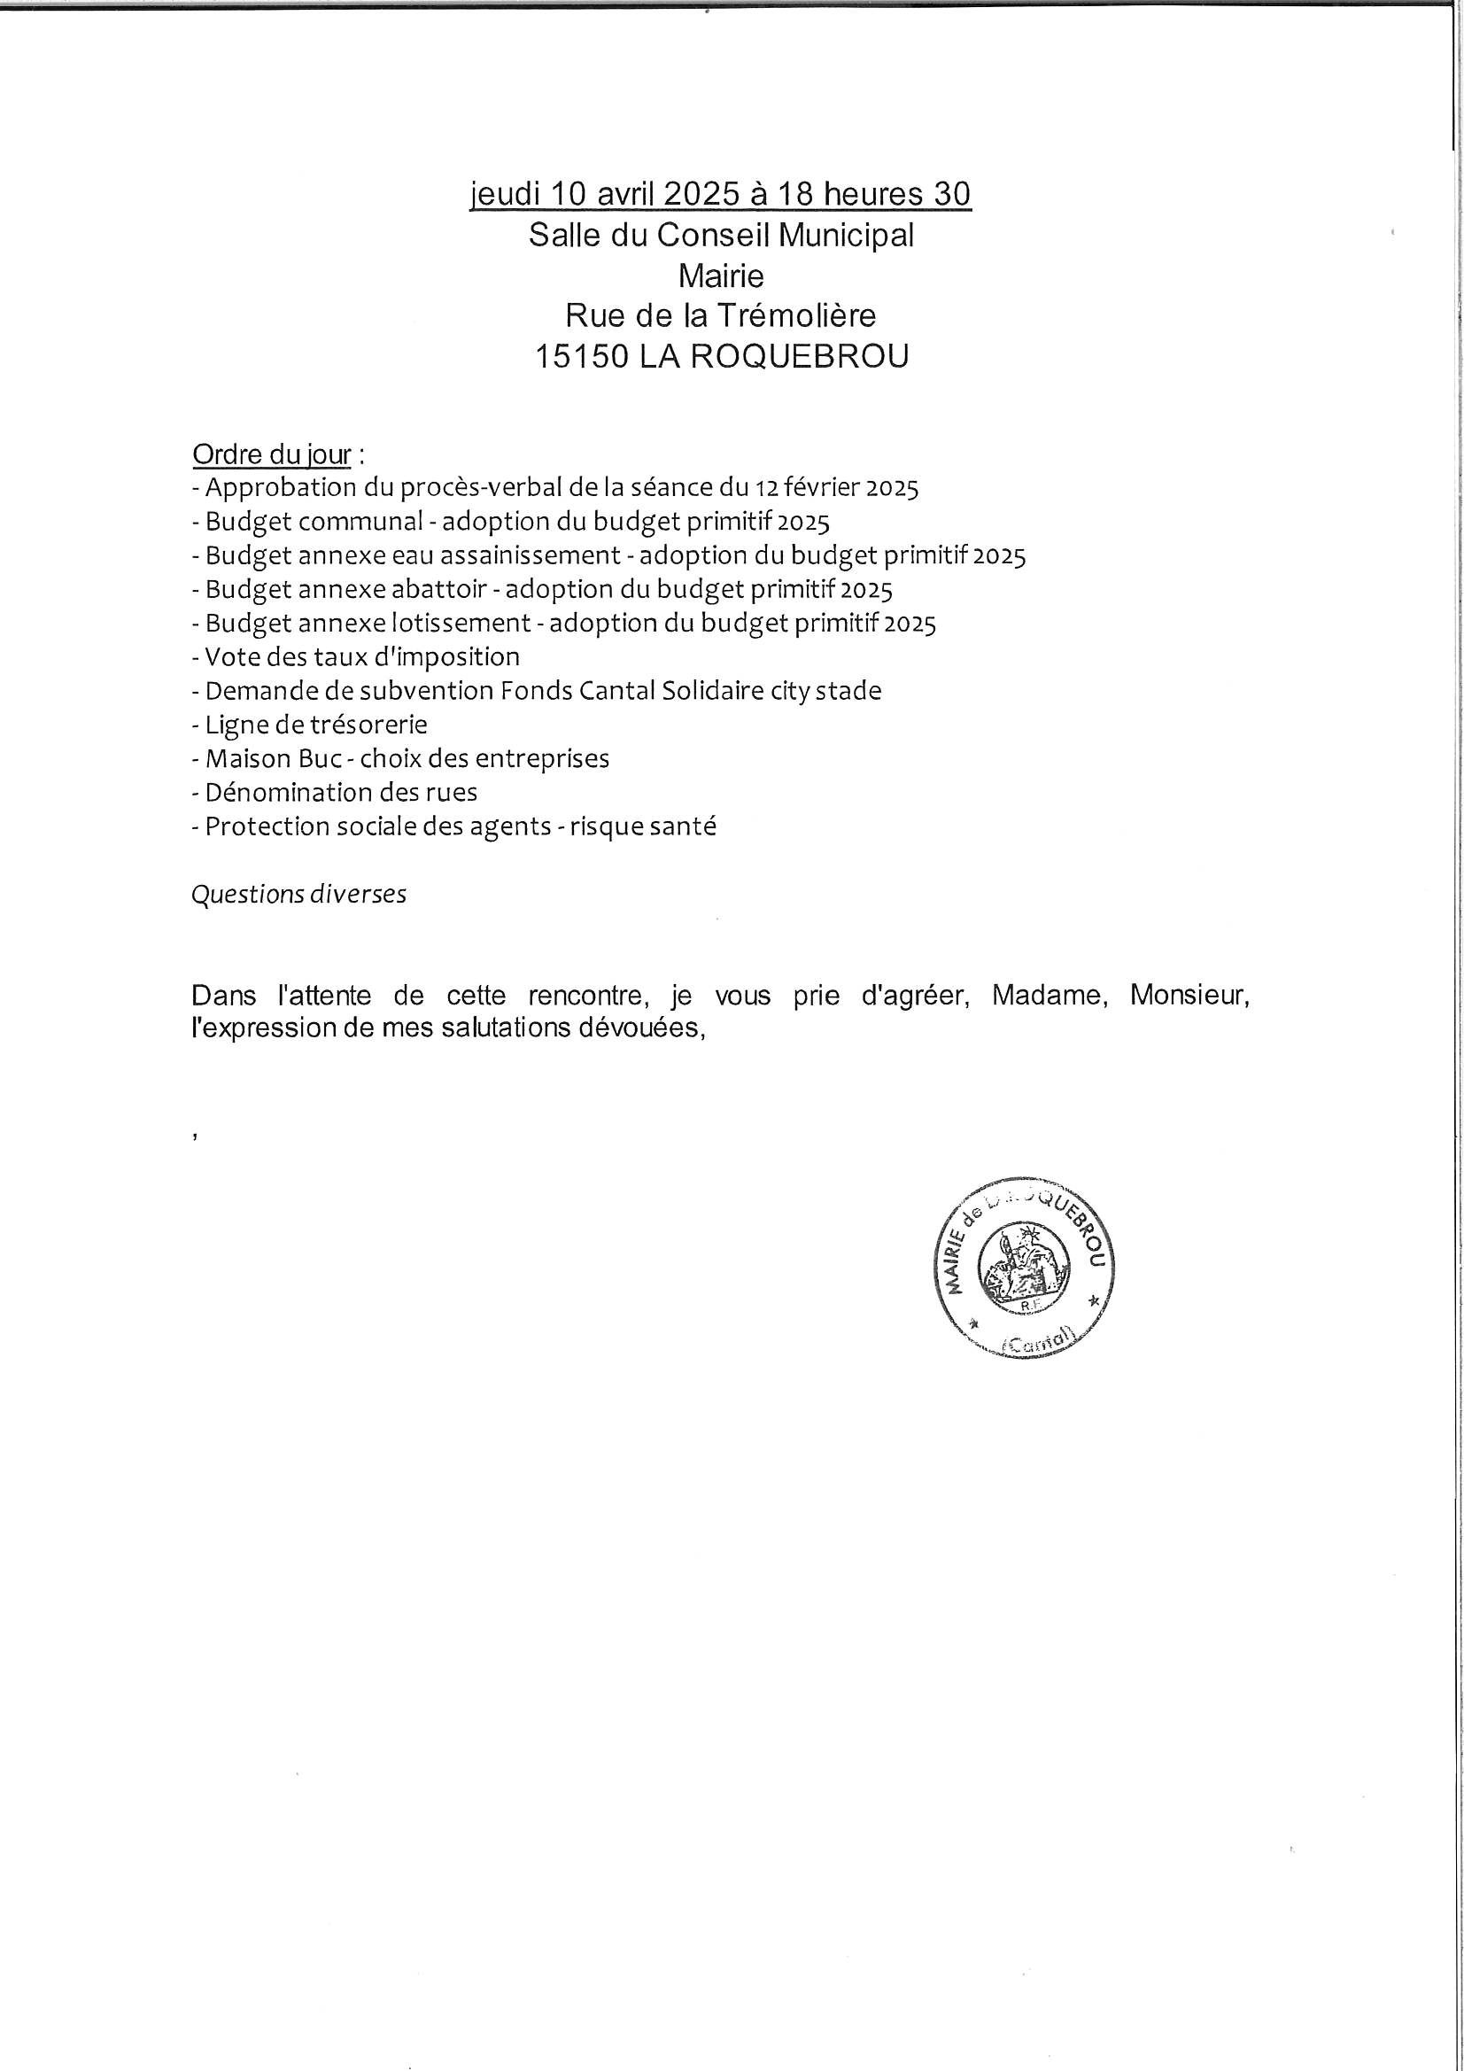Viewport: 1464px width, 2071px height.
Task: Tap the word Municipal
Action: point(846,236)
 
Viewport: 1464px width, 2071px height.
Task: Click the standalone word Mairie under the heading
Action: point(721,275)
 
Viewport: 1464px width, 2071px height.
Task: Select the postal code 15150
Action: point(581,357)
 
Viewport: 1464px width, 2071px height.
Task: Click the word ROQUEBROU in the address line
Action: point(799,357)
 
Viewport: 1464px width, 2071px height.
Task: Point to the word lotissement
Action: point(461,624)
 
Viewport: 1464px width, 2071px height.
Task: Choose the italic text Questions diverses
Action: point(298,895)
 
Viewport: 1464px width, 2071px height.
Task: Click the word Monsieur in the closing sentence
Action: point(1189,996)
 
